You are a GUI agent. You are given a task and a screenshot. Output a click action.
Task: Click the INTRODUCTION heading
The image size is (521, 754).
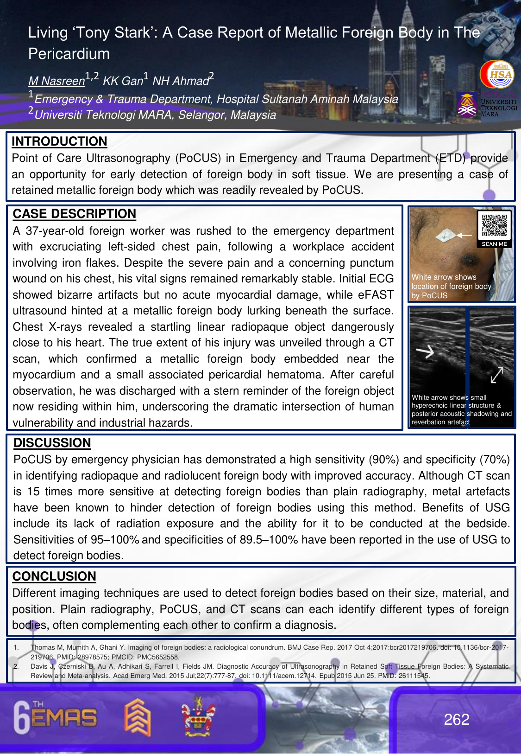[x=59, y=141]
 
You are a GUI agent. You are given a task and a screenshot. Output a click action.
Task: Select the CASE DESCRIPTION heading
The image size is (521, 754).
[x=74, y=214]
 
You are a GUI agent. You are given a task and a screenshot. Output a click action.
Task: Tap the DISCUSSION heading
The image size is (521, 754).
[x=52, y=443]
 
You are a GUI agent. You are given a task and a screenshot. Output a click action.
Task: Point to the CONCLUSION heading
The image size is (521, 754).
[x=54, y=576]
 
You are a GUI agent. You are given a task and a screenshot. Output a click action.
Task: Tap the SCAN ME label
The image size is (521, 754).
[x=494, y=244]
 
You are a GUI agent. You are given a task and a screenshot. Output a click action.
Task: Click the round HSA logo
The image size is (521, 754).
[x=497, y=74]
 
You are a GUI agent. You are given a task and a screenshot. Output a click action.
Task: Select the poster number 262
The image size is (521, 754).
[x=456, y=719]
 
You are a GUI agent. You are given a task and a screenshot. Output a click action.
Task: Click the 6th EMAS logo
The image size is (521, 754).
[x=55, y=717]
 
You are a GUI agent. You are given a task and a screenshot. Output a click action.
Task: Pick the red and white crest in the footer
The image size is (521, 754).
[x=198, y=716]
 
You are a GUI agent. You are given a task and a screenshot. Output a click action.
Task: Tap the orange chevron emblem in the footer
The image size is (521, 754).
[x=138, y=717]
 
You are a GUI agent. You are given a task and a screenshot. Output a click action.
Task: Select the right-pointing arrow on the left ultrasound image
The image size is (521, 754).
[x=425, y=352]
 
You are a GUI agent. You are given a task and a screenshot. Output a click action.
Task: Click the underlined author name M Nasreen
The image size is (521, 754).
[x=56, y=81]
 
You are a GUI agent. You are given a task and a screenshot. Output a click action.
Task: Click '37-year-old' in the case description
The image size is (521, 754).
[x=54, y=231]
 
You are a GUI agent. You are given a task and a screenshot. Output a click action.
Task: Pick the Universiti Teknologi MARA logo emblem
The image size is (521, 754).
[x=467, y=105]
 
